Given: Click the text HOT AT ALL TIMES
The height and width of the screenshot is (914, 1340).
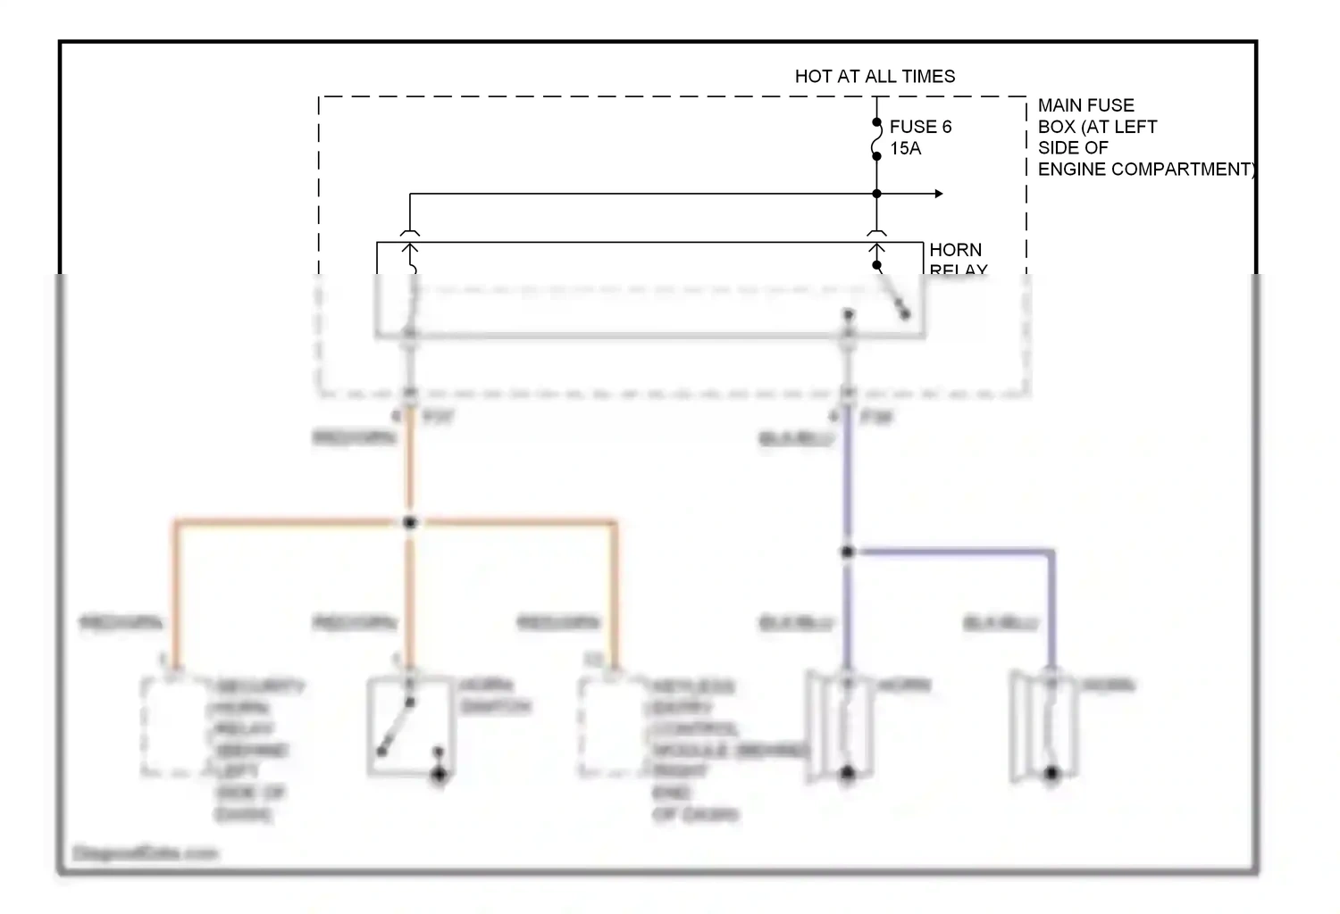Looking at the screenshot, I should point(875,77).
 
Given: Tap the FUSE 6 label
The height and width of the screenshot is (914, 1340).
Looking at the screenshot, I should point(920,127).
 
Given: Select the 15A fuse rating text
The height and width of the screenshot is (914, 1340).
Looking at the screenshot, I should point(905,148).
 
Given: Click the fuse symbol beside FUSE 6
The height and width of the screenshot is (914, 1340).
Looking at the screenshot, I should point(876,141).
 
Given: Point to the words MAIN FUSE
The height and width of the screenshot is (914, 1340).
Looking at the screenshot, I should point(1085,105).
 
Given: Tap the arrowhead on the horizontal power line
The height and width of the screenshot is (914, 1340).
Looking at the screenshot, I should point(938,194).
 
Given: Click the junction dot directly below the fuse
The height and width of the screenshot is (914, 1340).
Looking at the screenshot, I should point(876,194).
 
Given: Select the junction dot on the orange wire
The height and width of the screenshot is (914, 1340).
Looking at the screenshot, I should point(410,522).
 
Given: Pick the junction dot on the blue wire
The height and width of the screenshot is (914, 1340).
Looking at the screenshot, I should point(847,553).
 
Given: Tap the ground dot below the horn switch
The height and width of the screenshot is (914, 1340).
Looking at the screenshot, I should point(439,775).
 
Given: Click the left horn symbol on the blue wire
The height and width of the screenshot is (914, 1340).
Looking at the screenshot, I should point(840,726).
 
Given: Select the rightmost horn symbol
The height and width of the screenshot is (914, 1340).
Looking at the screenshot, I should point(1044,726).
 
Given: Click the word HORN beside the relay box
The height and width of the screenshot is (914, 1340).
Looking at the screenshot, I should point(955,250).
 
